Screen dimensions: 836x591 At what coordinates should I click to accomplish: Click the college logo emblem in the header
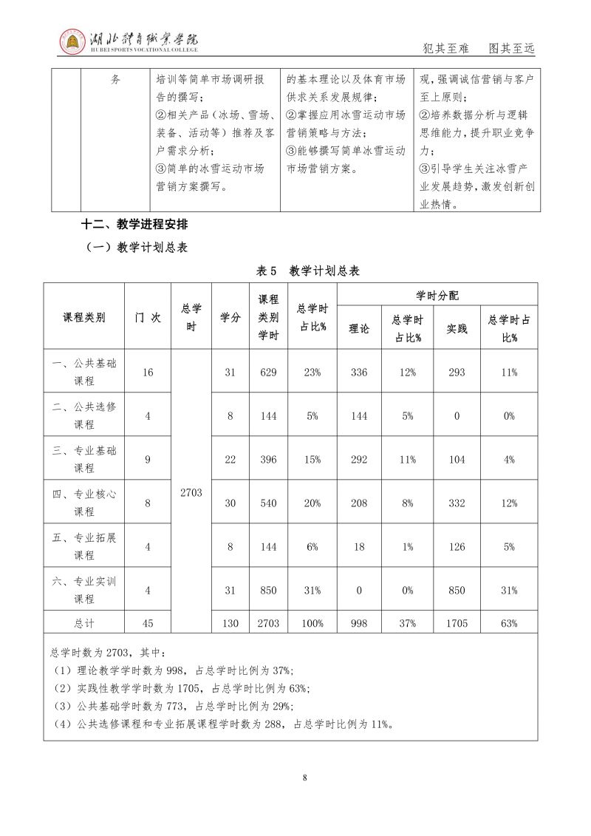[x=72, y=41]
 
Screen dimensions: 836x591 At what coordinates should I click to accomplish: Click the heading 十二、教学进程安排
[x=139, y=225]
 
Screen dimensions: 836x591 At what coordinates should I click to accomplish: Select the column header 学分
[x=230, y=317]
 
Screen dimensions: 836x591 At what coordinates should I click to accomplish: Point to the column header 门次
[x=148, y=317]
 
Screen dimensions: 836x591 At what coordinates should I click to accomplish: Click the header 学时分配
[x=437, y=295]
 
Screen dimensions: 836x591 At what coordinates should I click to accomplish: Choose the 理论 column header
[x=359, y=328]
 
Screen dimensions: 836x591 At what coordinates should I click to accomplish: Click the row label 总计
[x=84, y=623]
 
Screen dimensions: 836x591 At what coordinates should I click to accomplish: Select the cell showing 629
[x=268, y=372]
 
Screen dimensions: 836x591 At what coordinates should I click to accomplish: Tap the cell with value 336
[x=359, y=372]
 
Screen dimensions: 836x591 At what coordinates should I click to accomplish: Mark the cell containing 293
[x=457, y=372]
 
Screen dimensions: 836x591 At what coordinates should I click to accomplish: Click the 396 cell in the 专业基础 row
[x=268, y=459]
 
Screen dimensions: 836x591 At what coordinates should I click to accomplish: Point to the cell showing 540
[x=268, y=503]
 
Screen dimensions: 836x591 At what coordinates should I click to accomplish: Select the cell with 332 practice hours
[x=457, y=503]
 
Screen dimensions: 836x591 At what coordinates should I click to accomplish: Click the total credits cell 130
[x=230, y=623]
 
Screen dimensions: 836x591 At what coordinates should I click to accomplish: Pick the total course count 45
[x=148, y=623]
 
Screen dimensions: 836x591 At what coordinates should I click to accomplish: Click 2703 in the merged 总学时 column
[x=191, y=491]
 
